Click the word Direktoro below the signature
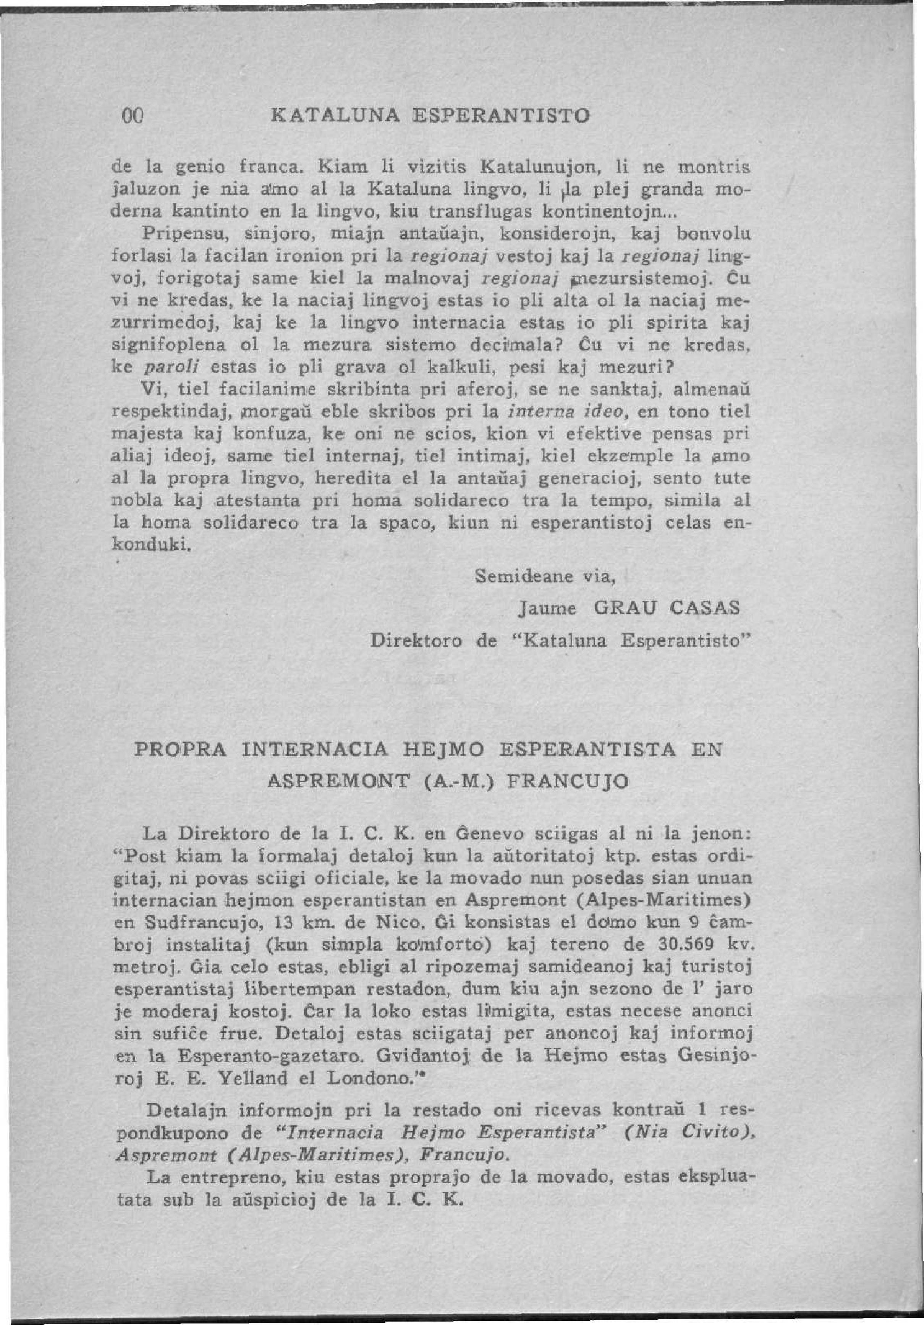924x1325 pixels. (415, 641)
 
